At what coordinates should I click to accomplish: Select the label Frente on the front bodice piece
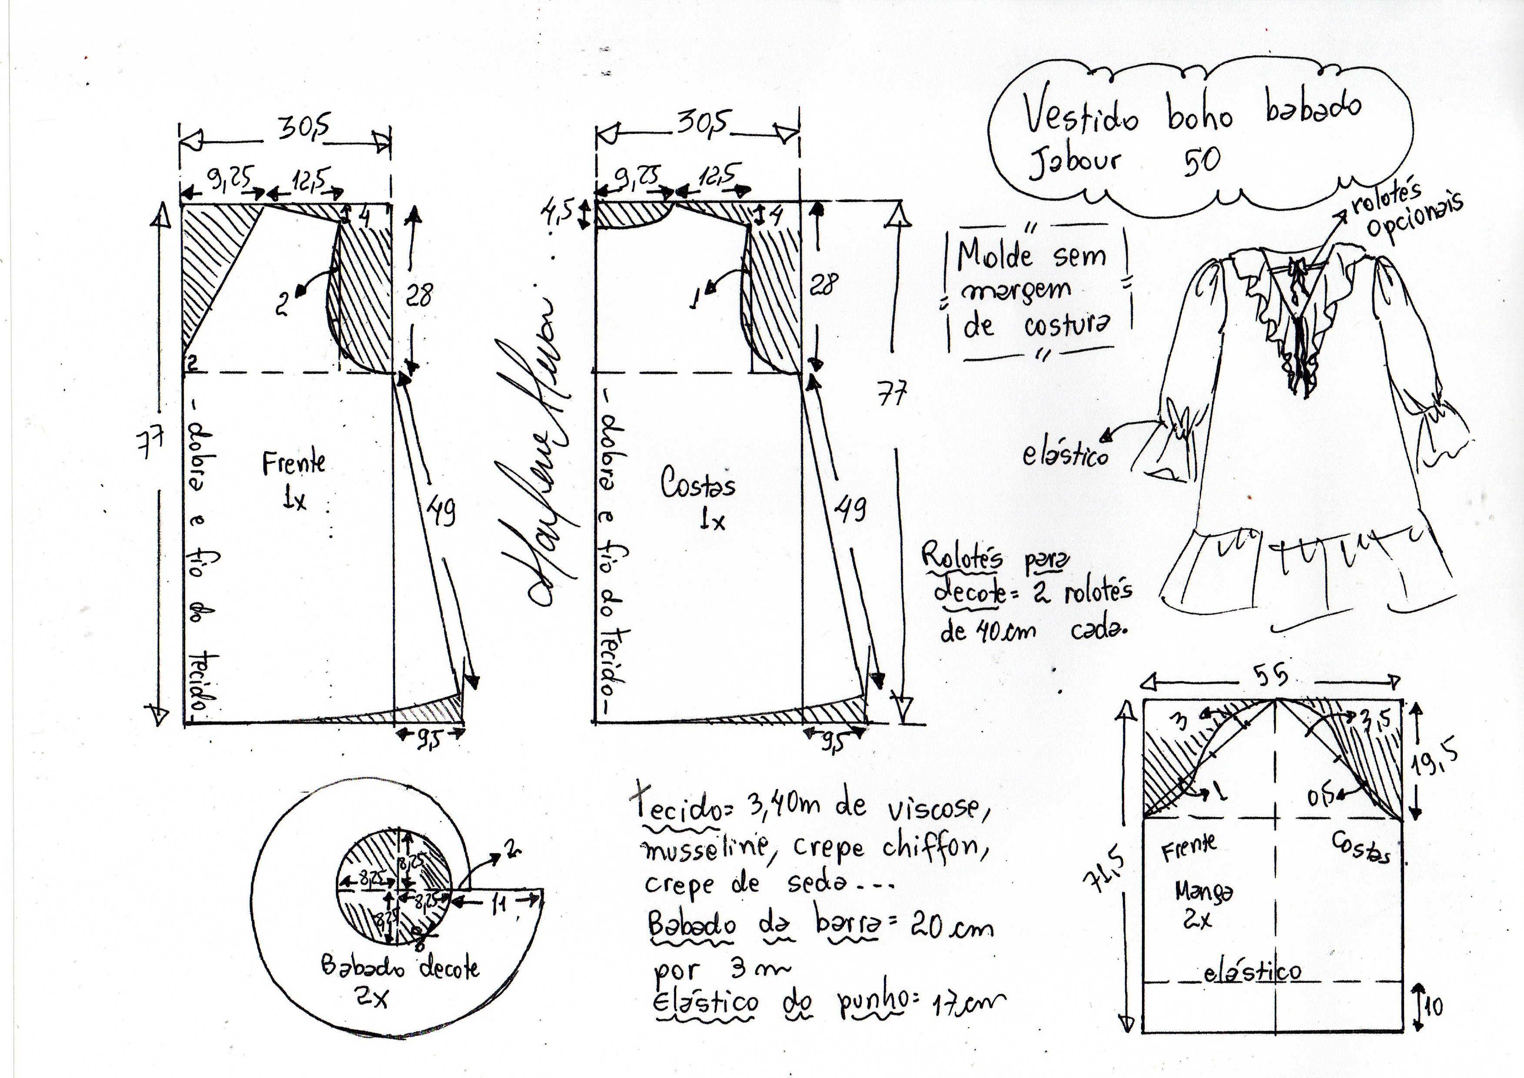[x=293, y=462]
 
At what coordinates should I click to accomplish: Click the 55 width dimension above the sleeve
[x=1271, y=676]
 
